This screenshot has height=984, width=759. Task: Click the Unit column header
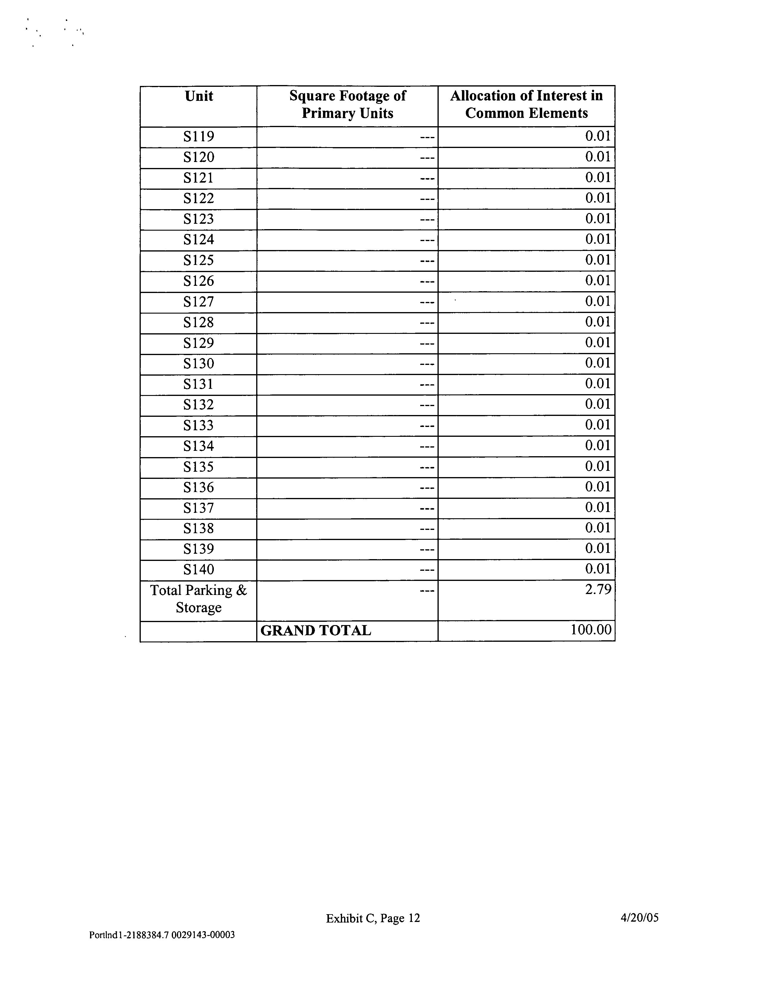[x=199, y=96]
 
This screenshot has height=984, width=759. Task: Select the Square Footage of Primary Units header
[x=347, y=104]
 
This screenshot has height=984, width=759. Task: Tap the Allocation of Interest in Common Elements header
[x=526, y=104]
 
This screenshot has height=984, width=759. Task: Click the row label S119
[x=199, y=137]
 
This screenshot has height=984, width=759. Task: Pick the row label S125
[x=199, y=260]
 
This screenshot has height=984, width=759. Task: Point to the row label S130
[x=199, y=364]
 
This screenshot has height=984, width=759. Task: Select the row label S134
[x=199, y=446]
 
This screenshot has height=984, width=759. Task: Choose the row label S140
[x=199, y=570]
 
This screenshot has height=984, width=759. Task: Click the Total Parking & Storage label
[x=199, y=599]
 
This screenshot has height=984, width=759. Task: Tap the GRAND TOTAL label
[x=316, y=630]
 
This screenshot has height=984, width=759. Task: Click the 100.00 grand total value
[x=591, y=630]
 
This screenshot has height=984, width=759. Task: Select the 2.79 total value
[x=598, y=589]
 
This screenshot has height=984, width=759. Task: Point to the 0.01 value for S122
[x=598, y=198]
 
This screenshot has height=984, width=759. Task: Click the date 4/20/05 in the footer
[x=639, y=917]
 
